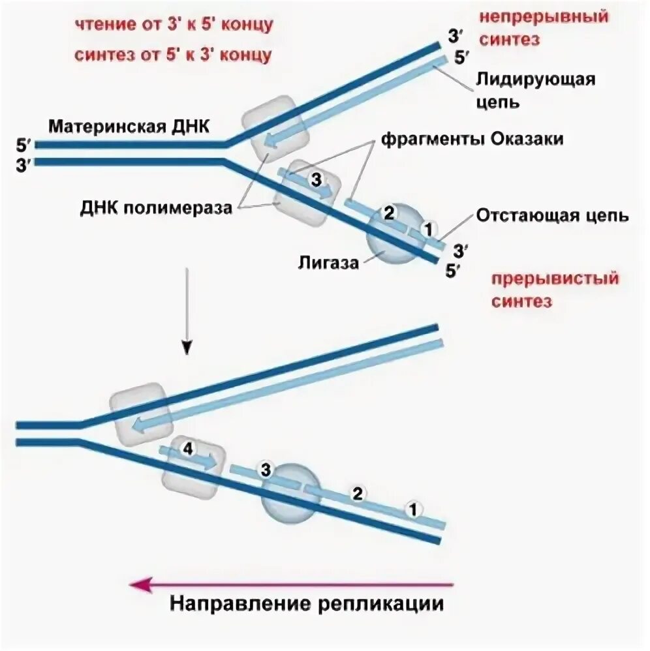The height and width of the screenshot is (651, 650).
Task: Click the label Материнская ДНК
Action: tap(129, 125)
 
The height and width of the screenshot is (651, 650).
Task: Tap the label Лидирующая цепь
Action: tap(535, 91)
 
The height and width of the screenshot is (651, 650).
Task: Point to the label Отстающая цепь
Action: tap(552, 215)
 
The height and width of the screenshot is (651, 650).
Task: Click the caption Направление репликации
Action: tap(307, 603)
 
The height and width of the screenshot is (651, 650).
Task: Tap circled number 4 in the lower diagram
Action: tap(187, 449)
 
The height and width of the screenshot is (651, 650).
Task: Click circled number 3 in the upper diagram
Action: tap(316, 179)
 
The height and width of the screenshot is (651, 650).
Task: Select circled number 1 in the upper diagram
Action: tap(428, 229)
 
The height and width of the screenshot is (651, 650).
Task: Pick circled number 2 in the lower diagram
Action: tap(357, 493)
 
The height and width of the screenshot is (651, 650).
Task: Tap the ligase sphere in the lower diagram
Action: tap(290, 493)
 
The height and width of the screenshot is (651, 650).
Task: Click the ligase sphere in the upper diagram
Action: tap(392, 235)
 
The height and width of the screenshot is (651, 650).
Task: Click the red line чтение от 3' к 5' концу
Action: tap(172, 25)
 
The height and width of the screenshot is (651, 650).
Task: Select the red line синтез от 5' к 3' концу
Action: tap(172, 55)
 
